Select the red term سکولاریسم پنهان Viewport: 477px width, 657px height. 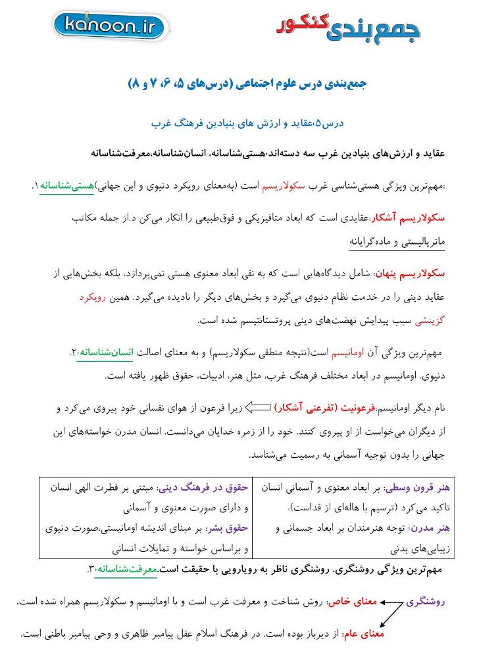pos(410,274)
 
